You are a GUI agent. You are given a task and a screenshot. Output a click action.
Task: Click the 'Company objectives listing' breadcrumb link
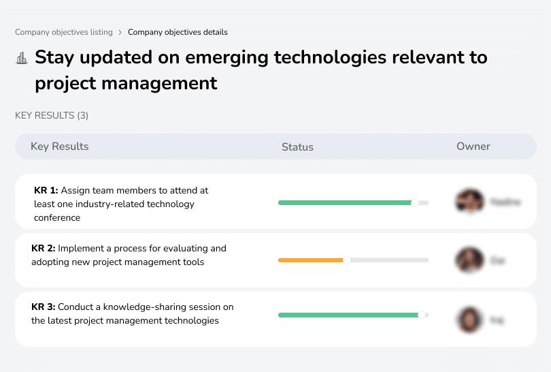tap(64, 32)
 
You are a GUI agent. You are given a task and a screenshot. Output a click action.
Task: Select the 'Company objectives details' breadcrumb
tap(178, 32)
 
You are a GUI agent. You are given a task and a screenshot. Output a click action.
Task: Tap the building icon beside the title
tap(22, 59)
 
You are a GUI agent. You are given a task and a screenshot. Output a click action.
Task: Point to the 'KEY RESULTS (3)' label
tap(52, 115)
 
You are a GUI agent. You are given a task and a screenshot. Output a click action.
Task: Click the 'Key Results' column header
tap(60, 146)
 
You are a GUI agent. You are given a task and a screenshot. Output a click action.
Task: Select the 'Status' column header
tap(297, 146)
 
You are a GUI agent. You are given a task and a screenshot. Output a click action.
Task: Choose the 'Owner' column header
tap(473, 146)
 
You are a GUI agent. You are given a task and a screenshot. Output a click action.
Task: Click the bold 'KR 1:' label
tap(46, 191)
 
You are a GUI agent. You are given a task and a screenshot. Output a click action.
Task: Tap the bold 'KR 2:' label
tap(44, 249)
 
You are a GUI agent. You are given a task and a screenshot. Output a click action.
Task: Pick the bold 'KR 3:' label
tap(44, 307)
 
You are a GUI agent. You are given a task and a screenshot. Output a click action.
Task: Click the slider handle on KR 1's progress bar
tap(414, 202)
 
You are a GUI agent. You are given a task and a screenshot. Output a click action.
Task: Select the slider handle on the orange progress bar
tap(347, 260)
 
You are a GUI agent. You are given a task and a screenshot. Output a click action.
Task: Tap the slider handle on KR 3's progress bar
tap(422, 315)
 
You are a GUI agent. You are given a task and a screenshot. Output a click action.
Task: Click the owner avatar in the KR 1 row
tap(469, 202)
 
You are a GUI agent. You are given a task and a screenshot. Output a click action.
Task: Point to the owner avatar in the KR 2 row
tap(469, 260)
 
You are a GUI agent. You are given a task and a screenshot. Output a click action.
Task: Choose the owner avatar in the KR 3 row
tap(469, 319)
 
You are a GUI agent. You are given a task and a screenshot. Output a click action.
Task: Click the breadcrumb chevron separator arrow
tap(120, 32)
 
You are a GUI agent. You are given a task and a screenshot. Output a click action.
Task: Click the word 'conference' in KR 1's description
tap(57, 218)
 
